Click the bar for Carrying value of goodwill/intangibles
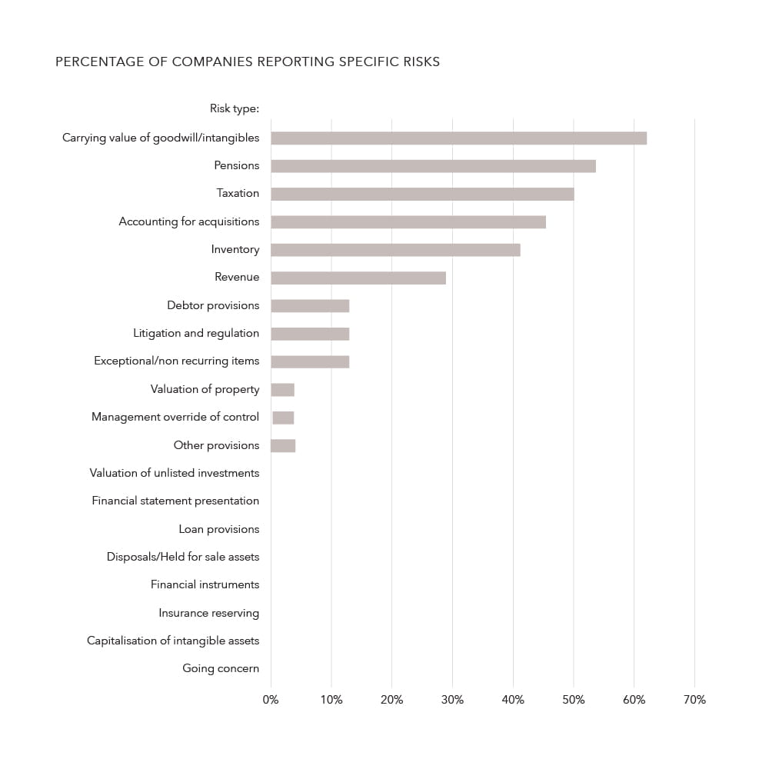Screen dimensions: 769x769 pos(458,138)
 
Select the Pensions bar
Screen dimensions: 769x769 pos(433,166)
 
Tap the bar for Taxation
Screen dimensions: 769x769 pos(422,194)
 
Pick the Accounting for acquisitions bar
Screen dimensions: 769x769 pos(408,222)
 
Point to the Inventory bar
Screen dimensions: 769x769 pos(395,250)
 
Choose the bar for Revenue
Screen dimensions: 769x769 pos(358,278)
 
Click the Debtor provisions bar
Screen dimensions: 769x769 pos(310,306)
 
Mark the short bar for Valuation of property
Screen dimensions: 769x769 pos(282,390)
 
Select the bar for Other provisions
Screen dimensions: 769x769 pos(283,446)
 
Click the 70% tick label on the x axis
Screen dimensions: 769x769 pos(694,700)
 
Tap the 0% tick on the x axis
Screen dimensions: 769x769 pos(271,700)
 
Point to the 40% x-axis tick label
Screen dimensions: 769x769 pos(513,700)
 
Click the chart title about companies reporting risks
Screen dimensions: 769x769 pos(248,62)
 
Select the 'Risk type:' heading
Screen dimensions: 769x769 pos(235,108)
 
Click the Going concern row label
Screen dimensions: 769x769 pos(221,668)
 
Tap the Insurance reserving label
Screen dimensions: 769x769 pos(209,613)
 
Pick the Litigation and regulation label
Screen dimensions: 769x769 pos(196,333)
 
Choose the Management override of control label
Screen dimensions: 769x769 pos(175,417)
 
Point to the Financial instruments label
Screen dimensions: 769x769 pos(205,584)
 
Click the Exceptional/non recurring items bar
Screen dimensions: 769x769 pos(310,362)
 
